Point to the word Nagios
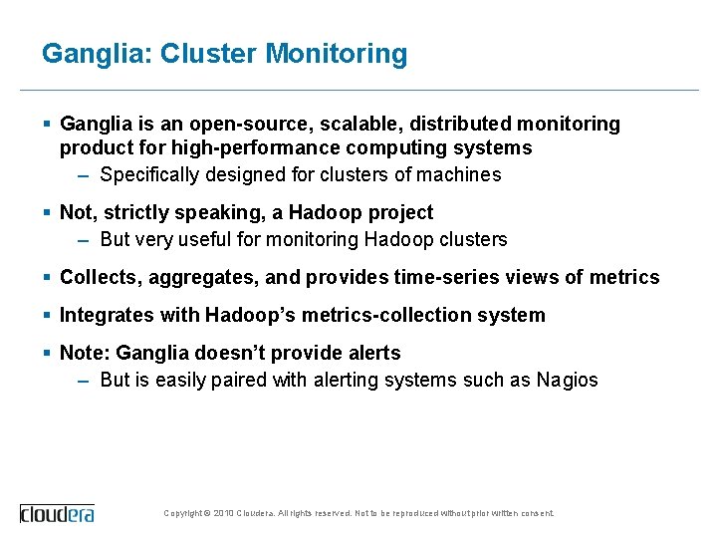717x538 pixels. pyautogui.click(x=568, y=381)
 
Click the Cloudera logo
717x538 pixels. pyautogui.click(x=58, y=513)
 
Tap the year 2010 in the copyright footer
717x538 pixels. pyautogui.click(x=224, y=514)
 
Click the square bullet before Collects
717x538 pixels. pyautogui.click(x=48, y=277)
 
